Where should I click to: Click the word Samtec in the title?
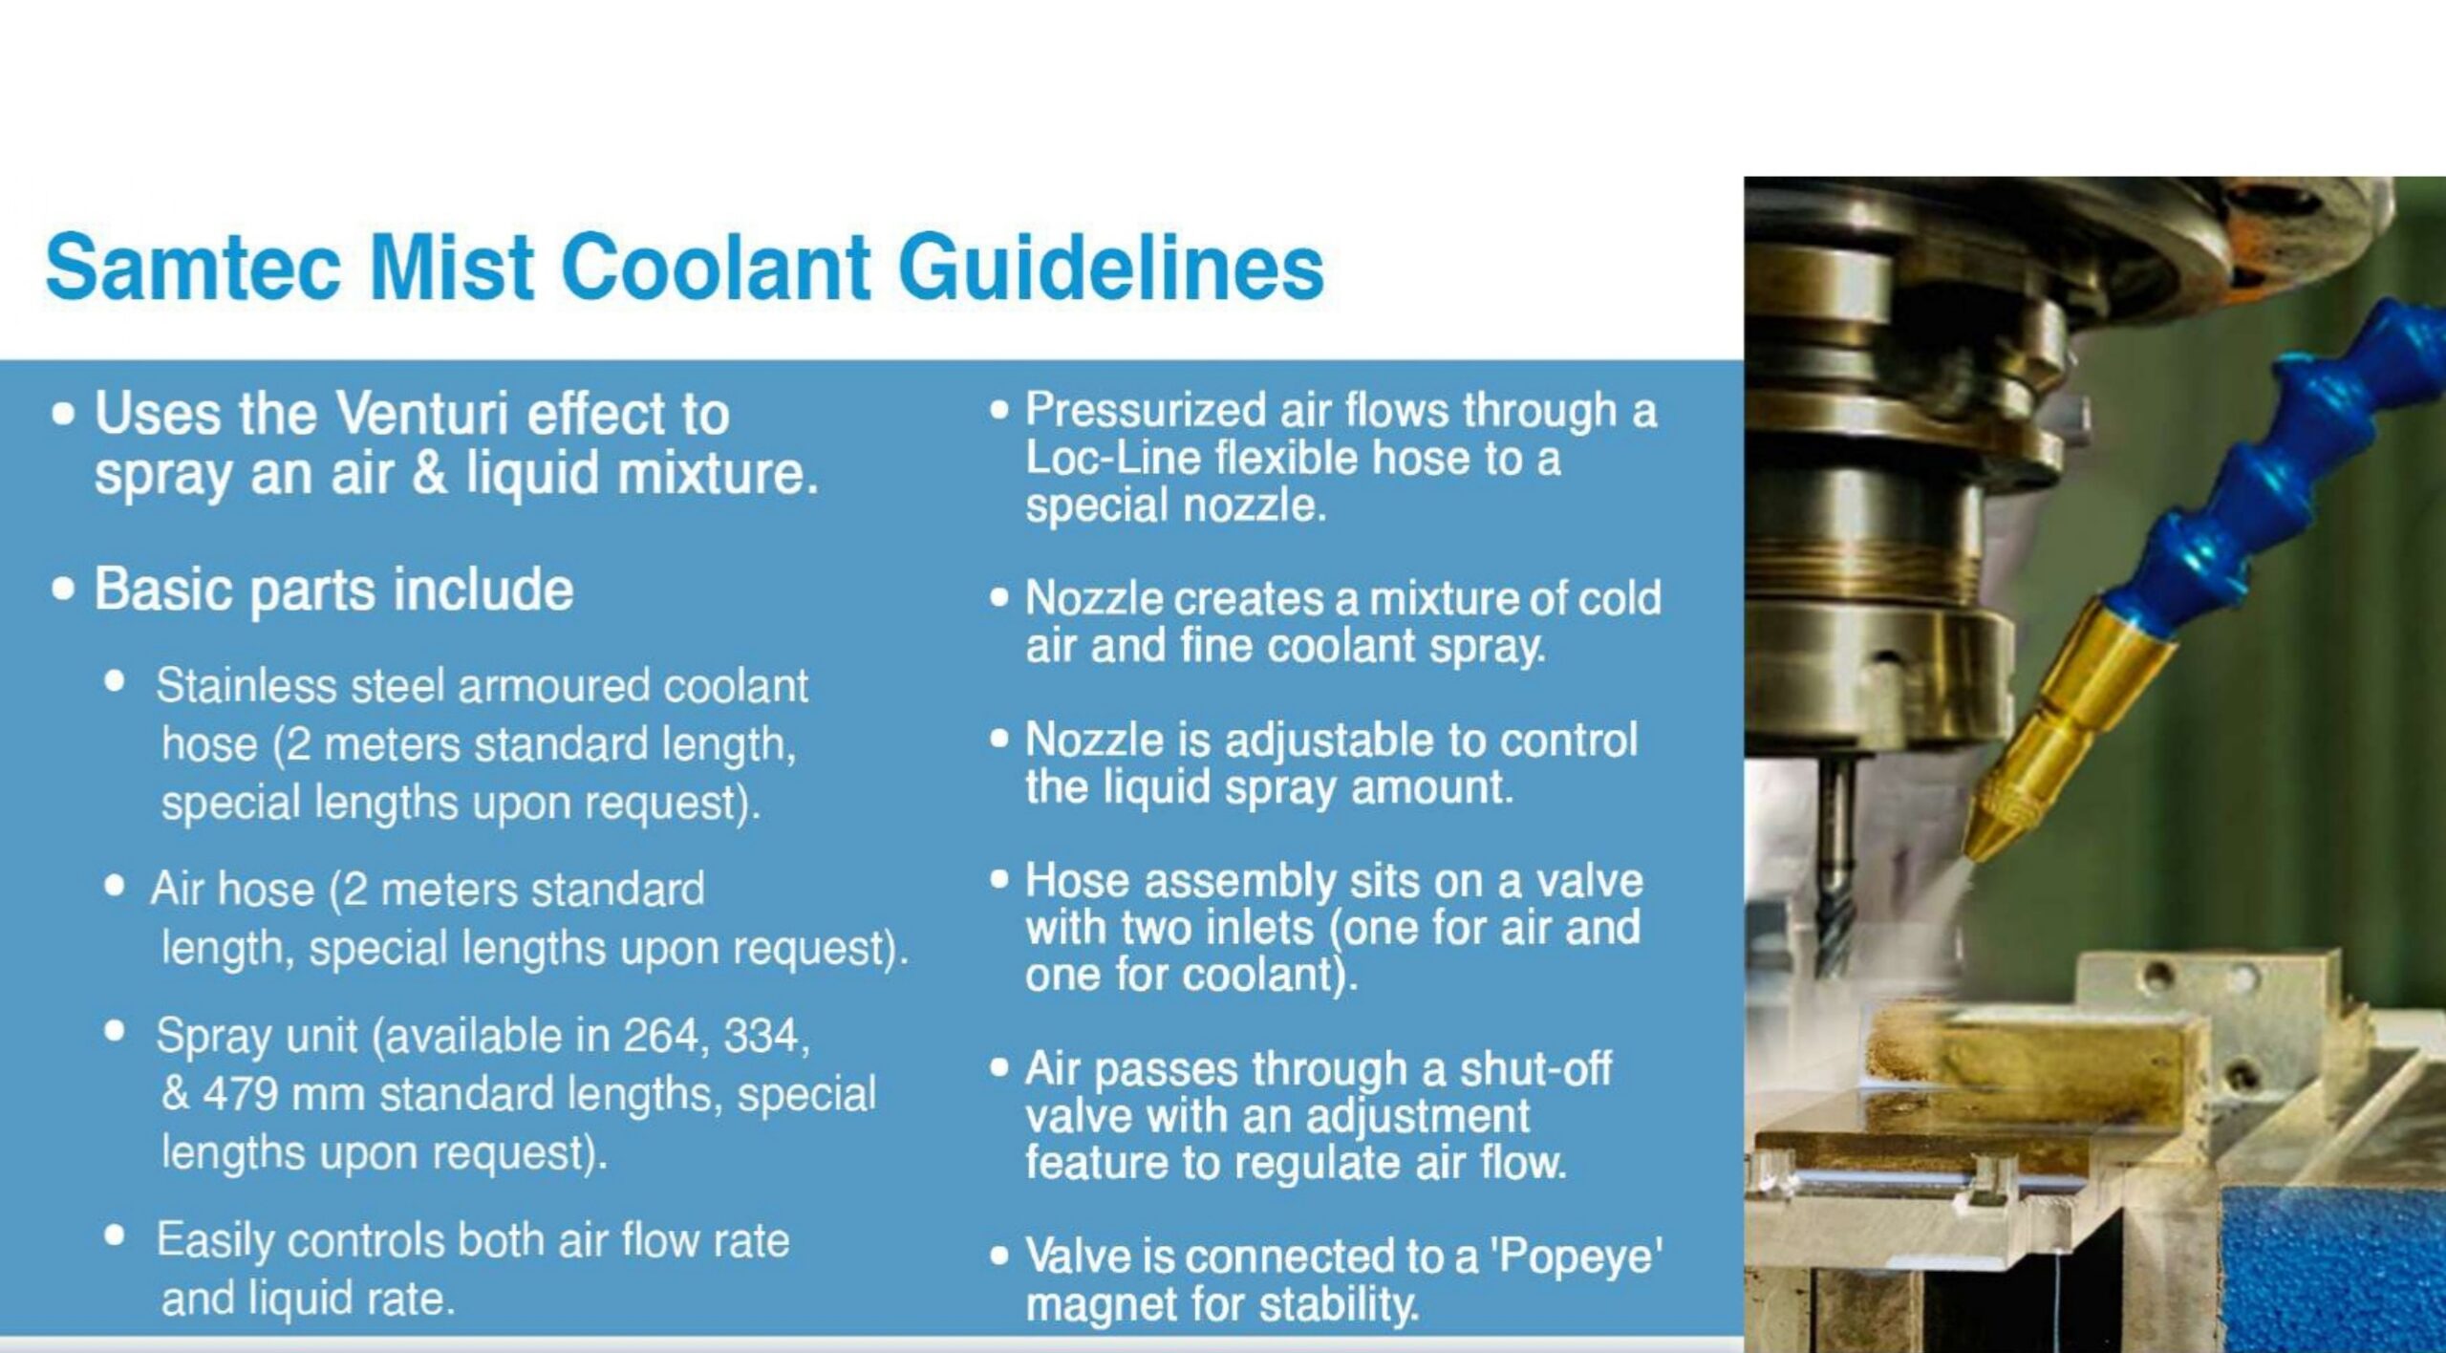tap(194, 267)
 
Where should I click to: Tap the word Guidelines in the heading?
tap(1111, 267)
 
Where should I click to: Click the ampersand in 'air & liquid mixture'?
tap(430, 472)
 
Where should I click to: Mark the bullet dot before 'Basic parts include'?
tap(63, 590)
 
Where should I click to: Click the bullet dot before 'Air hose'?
tap(115, 886)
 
